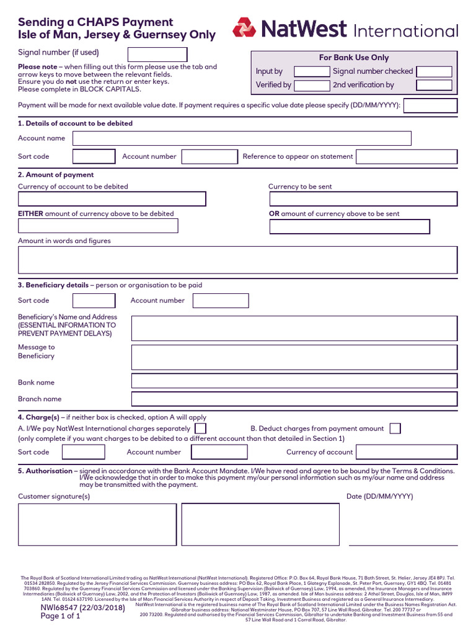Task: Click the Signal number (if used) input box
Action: pos(157,54)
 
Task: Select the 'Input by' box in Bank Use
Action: pos(312,71)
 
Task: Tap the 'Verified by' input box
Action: pos(312,85)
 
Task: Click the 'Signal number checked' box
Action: pos(434,71)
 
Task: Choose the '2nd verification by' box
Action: pos(434,85)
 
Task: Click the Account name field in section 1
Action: pos(242,138)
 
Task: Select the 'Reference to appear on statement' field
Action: pos(407,157)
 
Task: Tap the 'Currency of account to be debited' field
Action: pos(112,199)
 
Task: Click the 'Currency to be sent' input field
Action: pos(363,199)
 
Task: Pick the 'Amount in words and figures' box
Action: pos(238,260)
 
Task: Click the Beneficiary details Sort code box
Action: pos(94,301)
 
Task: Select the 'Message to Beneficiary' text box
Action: pos(294,357)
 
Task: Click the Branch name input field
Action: pos(294,399)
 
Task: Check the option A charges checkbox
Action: pos(201,429)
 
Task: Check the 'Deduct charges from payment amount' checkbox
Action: pos(395,429)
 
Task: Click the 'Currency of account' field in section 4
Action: pos(407,453)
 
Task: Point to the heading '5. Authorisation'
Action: pos(45,471)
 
